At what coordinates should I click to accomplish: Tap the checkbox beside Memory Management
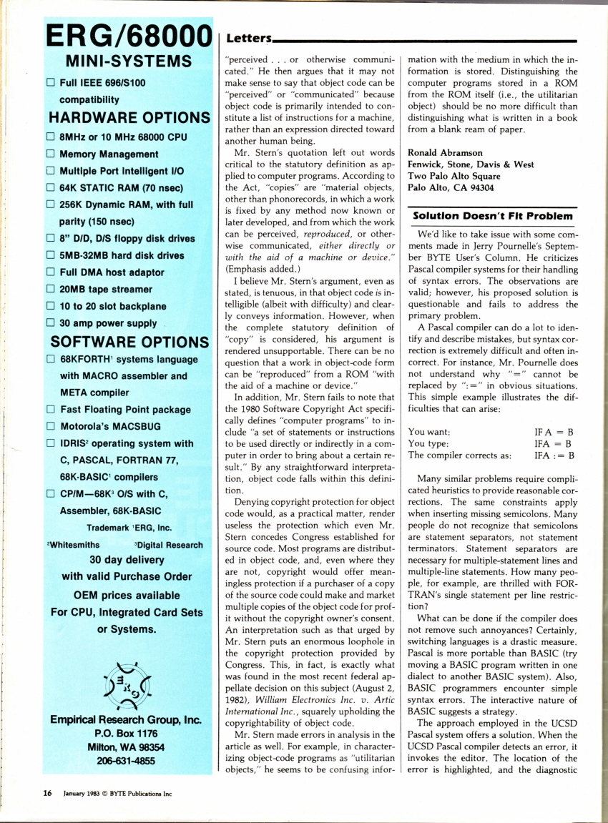tap(51, 154)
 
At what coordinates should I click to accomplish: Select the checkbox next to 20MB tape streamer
tap(51, 289)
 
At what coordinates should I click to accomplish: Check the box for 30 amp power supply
tap(51, 322)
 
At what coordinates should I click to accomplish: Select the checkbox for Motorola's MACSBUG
tap(51, 426)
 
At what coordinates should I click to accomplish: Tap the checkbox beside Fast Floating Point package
tap(51, 410)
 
